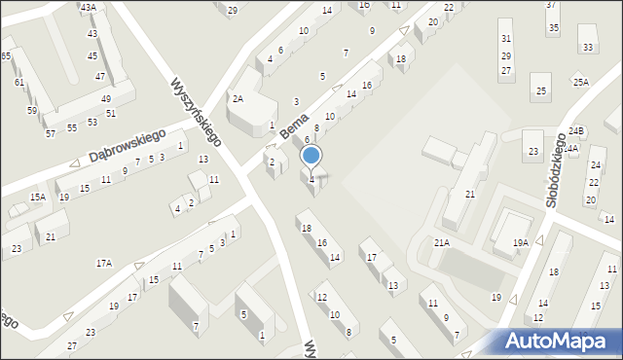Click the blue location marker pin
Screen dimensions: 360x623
click(311, 156)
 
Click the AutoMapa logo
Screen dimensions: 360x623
click(560, 341)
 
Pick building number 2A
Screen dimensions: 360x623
click(238, 98)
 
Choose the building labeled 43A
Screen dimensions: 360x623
click(89, 7)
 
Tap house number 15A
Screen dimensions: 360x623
click(37, 197)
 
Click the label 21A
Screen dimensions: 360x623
click(442, 242)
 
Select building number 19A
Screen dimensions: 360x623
click(521, 242)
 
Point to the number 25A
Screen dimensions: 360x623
click(580, 83)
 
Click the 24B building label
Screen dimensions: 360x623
click(576, 130)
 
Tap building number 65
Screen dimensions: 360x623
click(6, 56)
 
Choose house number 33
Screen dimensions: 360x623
click(586, 47)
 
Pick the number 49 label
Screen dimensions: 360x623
click(106, 99)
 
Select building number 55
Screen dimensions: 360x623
click(72, 128)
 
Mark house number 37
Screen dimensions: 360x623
click(551, 5)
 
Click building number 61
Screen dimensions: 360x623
click(19, 83)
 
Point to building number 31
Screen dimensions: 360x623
click(505, 38)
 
